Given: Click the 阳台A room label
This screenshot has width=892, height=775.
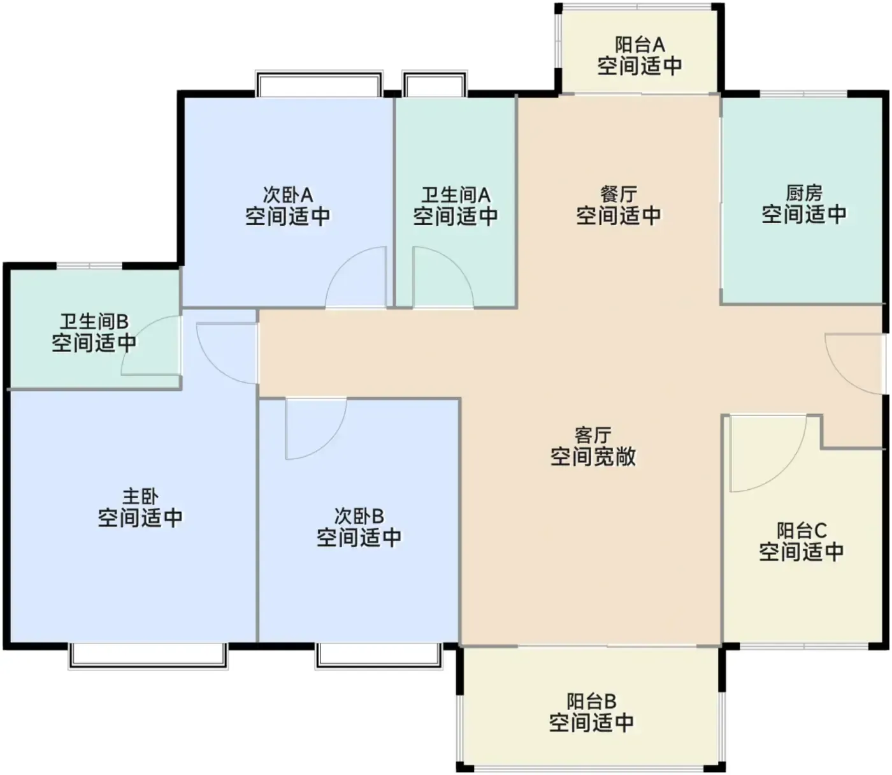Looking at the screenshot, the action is pos(640,45).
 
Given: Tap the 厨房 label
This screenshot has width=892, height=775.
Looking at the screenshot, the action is pos(804,193).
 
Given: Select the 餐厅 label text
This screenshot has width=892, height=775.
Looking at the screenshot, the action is pos(618,194).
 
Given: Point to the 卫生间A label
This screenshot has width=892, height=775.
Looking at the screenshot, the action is pos(456,195).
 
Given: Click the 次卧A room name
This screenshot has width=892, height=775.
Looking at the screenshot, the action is pos(288,195).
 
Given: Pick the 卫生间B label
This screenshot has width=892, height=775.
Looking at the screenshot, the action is pos(94,321).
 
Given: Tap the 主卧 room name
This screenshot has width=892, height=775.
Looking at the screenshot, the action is pos(140,496).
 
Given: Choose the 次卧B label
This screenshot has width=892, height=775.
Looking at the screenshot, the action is pos(359,516).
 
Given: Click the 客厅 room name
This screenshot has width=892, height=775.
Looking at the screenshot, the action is pos(593,435).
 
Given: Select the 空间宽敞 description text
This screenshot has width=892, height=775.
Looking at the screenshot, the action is pos(593,457).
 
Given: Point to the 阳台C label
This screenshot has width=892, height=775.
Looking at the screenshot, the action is pos(802,531).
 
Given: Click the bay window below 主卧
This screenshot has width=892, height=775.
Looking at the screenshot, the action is pos(148,656).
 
